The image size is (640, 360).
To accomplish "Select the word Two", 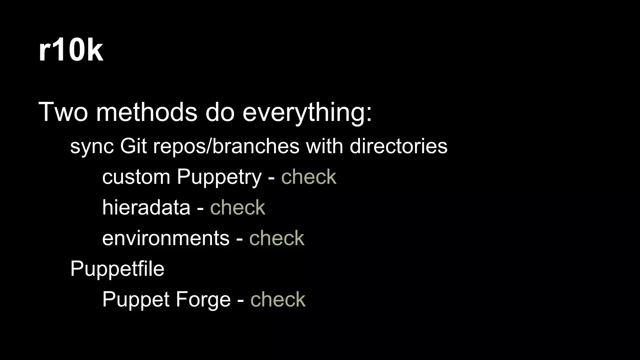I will [63, 112].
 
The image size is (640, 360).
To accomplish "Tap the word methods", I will [147, 112].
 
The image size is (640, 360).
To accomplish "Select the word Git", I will [133, 146].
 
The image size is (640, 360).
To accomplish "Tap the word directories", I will [398, 146].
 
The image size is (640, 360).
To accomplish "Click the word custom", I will [136, 177].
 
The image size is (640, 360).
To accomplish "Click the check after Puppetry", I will [309, 177].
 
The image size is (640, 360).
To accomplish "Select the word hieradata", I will [146, 207].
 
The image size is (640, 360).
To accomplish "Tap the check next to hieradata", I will [237, 207].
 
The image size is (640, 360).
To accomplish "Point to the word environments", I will [166, 238].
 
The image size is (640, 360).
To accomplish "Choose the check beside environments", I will [277, 238].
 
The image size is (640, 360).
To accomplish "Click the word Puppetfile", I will [117, 269].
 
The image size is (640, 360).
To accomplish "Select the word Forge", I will [203, 300].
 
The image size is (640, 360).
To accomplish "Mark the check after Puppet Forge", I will [278, 299].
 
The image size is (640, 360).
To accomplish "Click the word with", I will [324, 146].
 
